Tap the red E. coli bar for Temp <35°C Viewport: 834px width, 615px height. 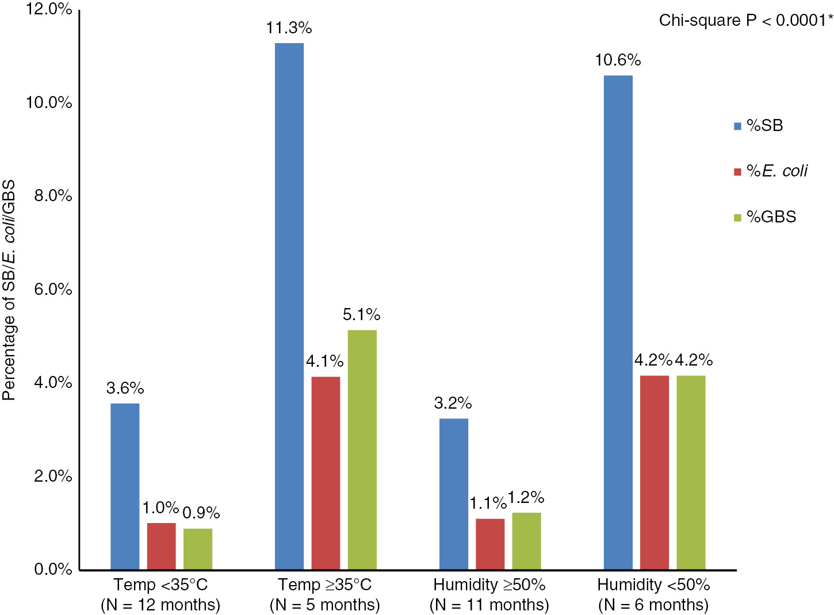click(x=162, y=546)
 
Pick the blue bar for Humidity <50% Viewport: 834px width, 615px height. click(x=618, y=322)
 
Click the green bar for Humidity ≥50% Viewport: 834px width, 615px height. click(x=526, y=541)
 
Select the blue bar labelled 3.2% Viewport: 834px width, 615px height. click(x=454, y=494)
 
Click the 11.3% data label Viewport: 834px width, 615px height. click(x=289, y=28)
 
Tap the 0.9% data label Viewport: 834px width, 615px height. click(x=201, y=513)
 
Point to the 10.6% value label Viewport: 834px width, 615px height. click(x=618, y=60)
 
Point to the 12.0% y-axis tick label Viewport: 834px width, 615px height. click(x=49, y=9)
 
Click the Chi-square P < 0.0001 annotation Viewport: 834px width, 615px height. click(x=745, y=21)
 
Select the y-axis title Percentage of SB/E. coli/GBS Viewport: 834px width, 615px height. click(x=9, y=290)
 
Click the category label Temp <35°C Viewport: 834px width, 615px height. click(x=160, y=585)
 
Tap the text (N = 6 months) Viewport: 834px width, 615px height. click(x=653, y=605)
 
